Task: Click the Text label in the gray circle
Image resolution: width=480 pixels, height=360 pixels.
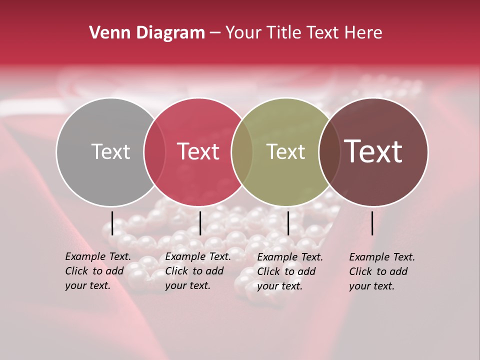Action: [x=110, y=152]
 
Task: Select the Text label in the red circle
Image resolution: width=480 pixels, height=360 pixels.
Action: [x=198, y=152]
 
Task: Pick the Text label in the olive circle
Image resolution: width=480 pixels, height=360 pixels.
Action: [x=285, y=152]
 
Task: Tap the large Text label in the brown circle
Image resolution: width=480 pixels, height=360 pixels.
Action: [x=373, y=152]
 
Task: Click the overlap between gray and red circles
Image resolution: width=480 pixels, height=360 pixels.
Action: [x=154, y=152]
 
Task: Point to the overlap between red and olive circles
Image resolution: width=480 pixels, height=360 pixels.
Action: [x=242, y=152]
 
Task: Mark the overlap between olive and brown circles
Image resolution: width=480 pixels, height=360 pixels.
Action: [x=329, y=152]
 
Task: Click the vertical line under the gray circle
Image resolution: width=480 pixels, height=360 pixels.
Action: [x=112, y=223]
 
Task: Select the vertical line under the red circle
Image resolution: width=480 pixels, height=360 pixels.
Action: [x=200, y=223]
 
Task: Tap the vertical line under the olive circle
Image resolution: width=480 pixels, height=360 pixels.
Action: [x=288, y=223]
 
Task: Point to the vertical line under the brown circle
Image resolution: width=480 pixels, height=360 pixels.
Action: [x=372, y=223]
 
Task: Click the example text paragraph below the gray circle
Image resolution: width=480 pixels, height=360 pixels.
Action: [x=98, y=271]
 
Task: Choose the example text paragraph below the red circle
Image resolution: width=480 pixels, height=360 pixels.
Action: [x=198, y=271]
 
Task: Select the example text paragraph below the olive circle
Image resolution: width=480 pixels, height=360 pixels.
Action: [x=290, y=271]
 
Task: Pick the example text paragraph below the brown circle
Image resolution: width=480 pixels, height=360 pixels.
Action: [x=382, y=271]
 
